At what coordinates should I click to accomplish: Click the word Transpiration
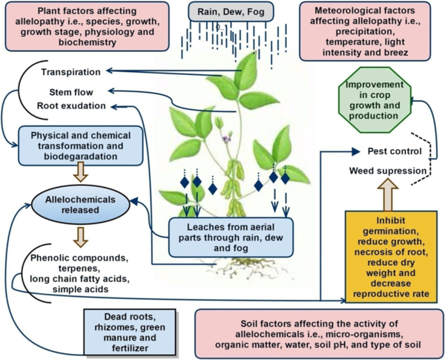(71, 71)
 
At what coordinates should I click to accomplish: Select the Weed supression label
(388, 172)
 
